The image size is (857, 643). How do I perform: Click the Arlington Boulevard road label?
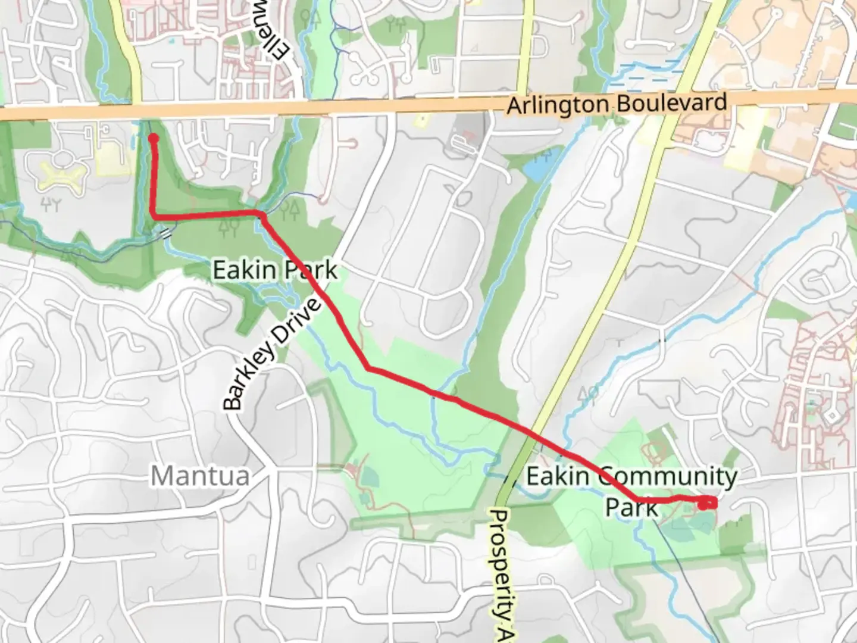[x=617, y=105]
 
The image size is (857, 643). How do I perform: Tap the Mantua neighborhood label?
[x=199, y=476]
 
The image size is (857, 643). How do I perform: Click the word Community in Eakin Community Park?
[x=667, y=476]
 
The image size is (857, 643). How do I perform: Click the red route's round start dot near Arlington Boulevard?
[x=153, y=139]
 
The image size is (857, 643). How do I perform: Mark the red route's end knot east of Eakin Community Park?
[x=706, y=504]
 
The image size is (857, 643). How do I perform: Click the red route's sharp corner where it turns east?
[x=155, y=217]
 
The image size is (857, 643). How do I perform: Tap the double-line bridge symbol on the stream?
[x=166, y=233]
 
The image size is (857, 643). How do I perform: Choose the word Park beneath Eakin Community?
[x=631, y=507]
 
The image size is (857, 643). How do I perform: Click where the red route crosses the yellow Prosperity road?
[x=528, y=432]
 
